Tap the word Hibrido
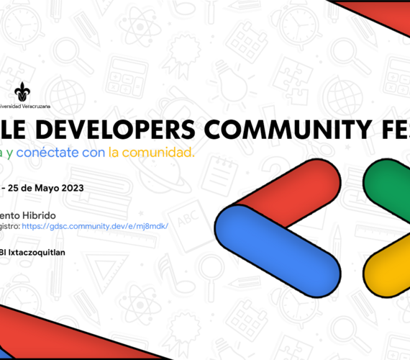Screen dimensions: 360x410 [x=49, y=215]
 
